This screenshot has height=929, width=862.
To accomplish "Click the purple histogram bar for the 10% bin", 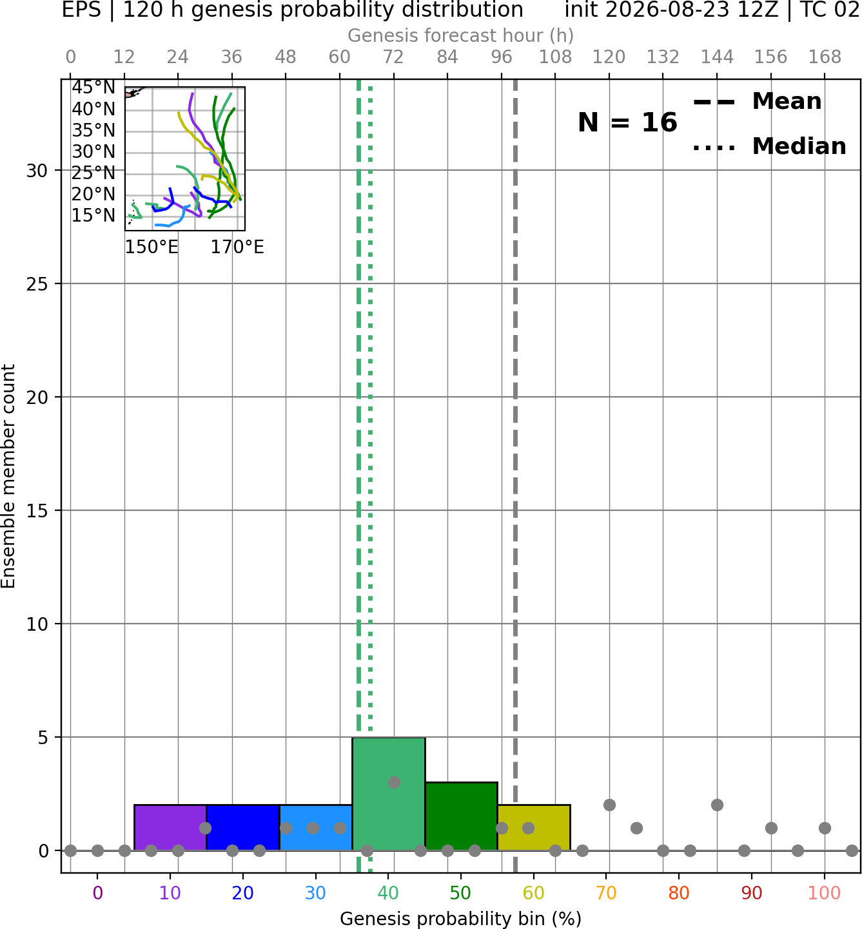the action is coord(170,827).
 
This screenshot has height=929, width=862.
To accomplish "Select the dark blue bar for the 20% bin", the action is coord(243,827).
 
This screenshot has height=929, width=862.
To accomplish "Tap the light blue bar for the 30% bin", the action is coord(315,827).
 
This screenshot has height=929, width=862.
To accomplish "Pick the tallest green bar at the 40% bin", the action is coord(389,794).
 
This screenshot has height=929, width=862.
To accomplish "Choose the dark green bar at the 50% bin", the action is coord(461,816).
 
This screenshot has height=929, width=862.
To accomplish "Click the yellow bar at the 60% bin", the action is coord(534,827).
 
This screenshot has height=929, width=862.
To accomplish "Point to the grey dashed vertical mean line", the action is coord(515,475).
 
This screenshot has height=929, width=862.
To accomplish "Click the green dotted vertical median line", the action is coord(370,475).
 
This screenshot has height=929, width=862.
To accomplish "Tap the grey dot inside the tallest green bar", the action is coord(394,783).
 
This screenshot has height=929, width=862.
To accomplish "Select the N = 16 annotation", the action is coord(627,122).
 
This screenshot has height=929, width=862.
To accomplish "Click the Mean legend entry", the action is coord(757,102).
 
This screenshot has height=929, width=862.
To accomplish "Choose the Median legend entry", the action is coord(769,146).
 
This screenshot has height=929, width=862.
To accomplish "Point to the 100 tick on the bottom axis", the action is coord(825,893).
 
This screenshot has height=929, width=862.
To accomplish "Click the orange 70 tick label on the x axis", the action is coord(606,893).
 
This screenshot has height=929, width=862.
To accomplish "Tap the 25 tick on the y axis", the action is coord(37,284).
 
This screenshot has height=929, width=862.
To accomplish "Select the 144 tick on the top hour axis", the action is coord(717,57).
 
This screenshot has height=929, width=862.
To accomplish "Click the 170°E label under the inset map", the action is coord(237,247).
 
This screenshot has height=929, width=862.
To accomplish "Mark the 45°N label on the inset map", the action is coord(93,88).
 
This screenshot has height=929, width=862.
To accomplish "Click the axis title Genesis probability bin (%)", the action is coord(461,919).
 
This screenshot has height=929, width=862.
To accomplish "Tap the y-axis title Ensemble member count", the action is coord(8,476).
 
